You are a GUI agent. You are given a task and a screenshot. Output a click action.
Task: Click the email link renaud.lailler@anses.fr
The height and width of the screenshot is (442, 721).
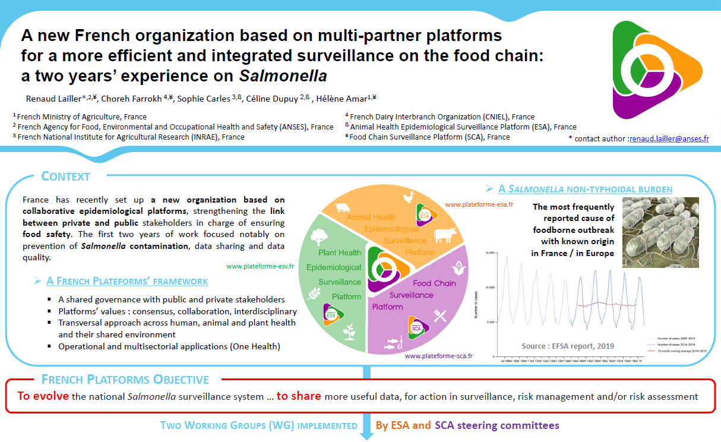(x=669, y=138)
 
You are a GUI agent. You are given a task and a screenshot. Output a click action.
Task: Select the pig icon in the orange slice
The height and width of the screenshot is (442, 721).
(x=344, y=207)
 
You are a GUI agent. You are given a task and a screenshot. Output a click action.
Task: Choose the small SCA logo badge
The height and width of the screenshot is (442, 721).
(x=418, y=326)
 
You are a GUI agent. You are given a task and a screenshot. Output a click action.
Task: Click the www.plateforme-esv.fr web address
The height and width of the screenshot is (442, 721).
(x=260, y=266)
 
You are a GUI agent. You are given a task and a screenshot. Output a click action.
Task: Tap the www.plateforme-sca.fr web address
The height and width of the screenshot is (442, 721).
(x=438, y=356)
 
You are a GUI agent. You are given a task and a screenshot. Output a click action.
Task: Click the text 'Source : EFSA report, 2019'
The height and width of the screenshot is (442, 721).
(x=568, y=346)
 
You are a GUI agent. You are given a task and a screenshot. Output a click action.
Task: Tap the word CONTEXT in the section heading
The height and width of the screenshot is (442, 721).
(x=66, y=176)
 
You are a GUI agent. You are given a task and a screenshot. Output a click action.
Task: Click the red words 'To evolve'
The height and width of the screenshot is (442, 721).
(x=43, y=396)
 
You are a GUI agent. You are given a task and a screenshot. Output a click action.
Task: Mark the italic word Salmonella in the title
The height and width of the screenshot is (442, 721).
(x=283, y=76)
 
